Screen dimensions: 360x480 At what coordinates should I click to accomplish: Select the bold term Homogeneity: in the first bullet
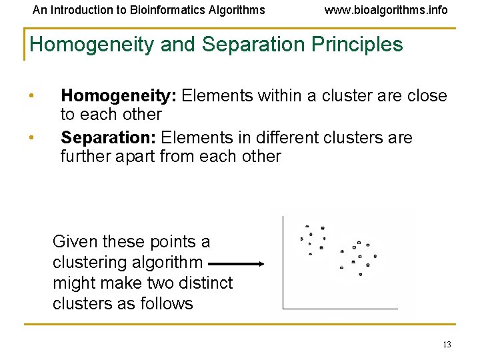click(118, 96)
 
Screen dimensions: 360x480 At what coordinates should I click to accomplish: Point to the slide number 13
click(447, 345)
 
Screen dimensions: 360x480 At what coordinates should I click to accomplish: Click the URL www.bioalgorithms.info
click(386, 10)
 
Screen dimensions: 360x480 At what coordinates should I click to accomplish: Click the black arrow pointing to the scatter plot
click(236, 264)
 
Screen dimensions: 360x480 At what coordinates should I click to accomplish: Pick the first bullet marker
click(32, 96)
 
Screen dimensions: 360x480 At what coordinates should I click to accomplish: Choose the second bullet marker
click(32, 138)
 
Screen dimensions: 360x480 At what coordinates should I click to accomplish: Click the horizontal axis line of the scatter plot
click(340, 309)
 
